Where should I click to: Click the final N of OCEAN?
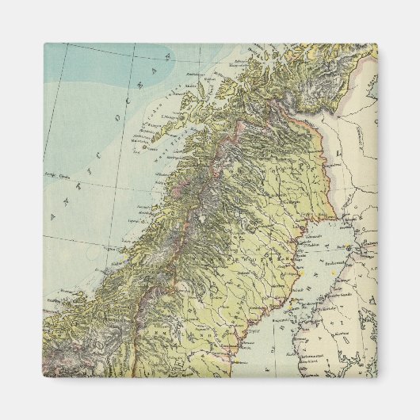167,58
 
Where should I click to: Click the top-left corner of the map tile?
44,44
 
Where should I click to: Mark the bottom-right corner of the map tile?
377,377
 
